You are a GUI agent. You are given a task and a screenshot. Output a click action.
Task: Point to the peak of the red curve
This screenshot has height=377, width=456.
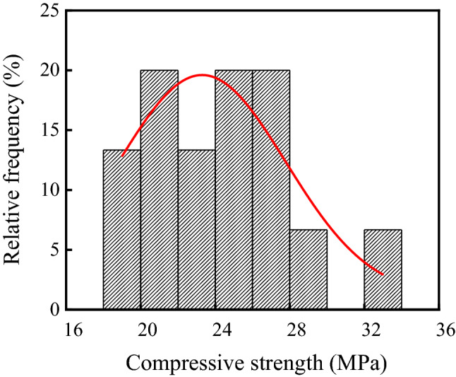point(202,75)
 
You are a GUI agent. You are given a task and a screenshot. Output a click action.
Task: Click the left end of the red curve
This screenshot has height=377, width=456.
point(122,155)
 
